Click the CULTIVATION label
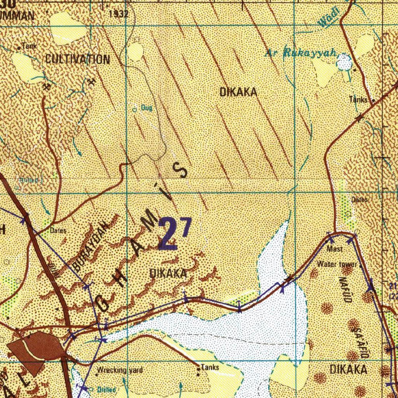77,59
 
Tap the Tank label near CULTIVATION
30,46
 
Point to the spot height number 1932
119,14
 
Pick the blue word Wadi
328,18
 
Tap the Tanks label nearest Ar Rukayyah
358,100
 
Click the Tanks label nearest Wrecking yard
210,367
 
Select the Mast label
335,249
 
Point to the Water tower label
337,264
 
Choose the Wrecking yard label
120,370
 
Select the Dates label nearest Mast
360,199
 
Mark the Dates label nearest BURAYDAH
58,230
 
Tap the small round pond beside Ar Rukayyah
344,62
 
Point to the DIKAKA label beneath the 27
168,274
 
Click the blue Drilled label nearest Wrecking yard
106,389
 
